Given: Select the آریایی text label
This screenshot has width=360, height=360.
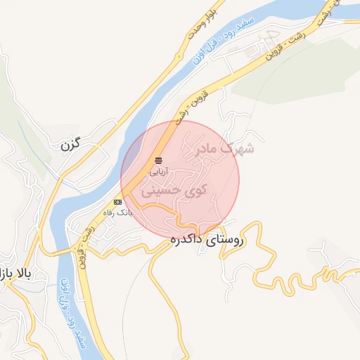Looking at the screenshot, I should (158, 171).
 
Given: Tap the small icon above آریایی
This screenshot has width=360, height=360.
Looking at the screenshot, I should (158, 161).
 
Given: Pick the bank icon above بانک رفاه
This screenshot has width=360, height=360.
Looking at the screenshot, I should (117, 202).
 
